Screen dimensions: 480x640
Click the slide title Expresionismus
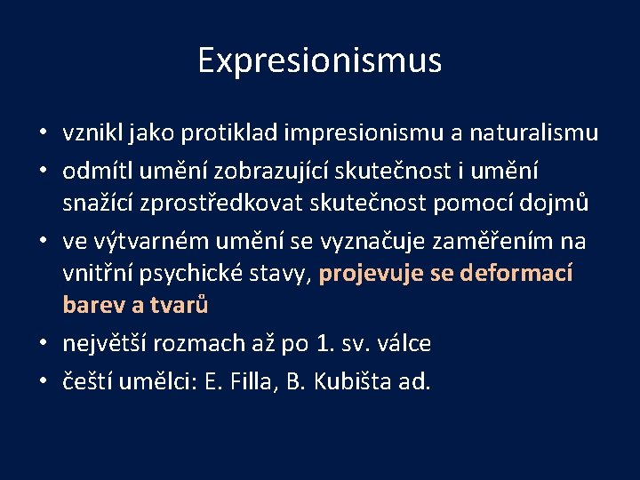[319, 61]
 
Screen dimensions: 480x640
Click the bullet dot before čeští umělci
[43, 382]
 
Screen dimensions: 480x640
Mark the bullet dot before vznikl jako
[43, 134]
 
